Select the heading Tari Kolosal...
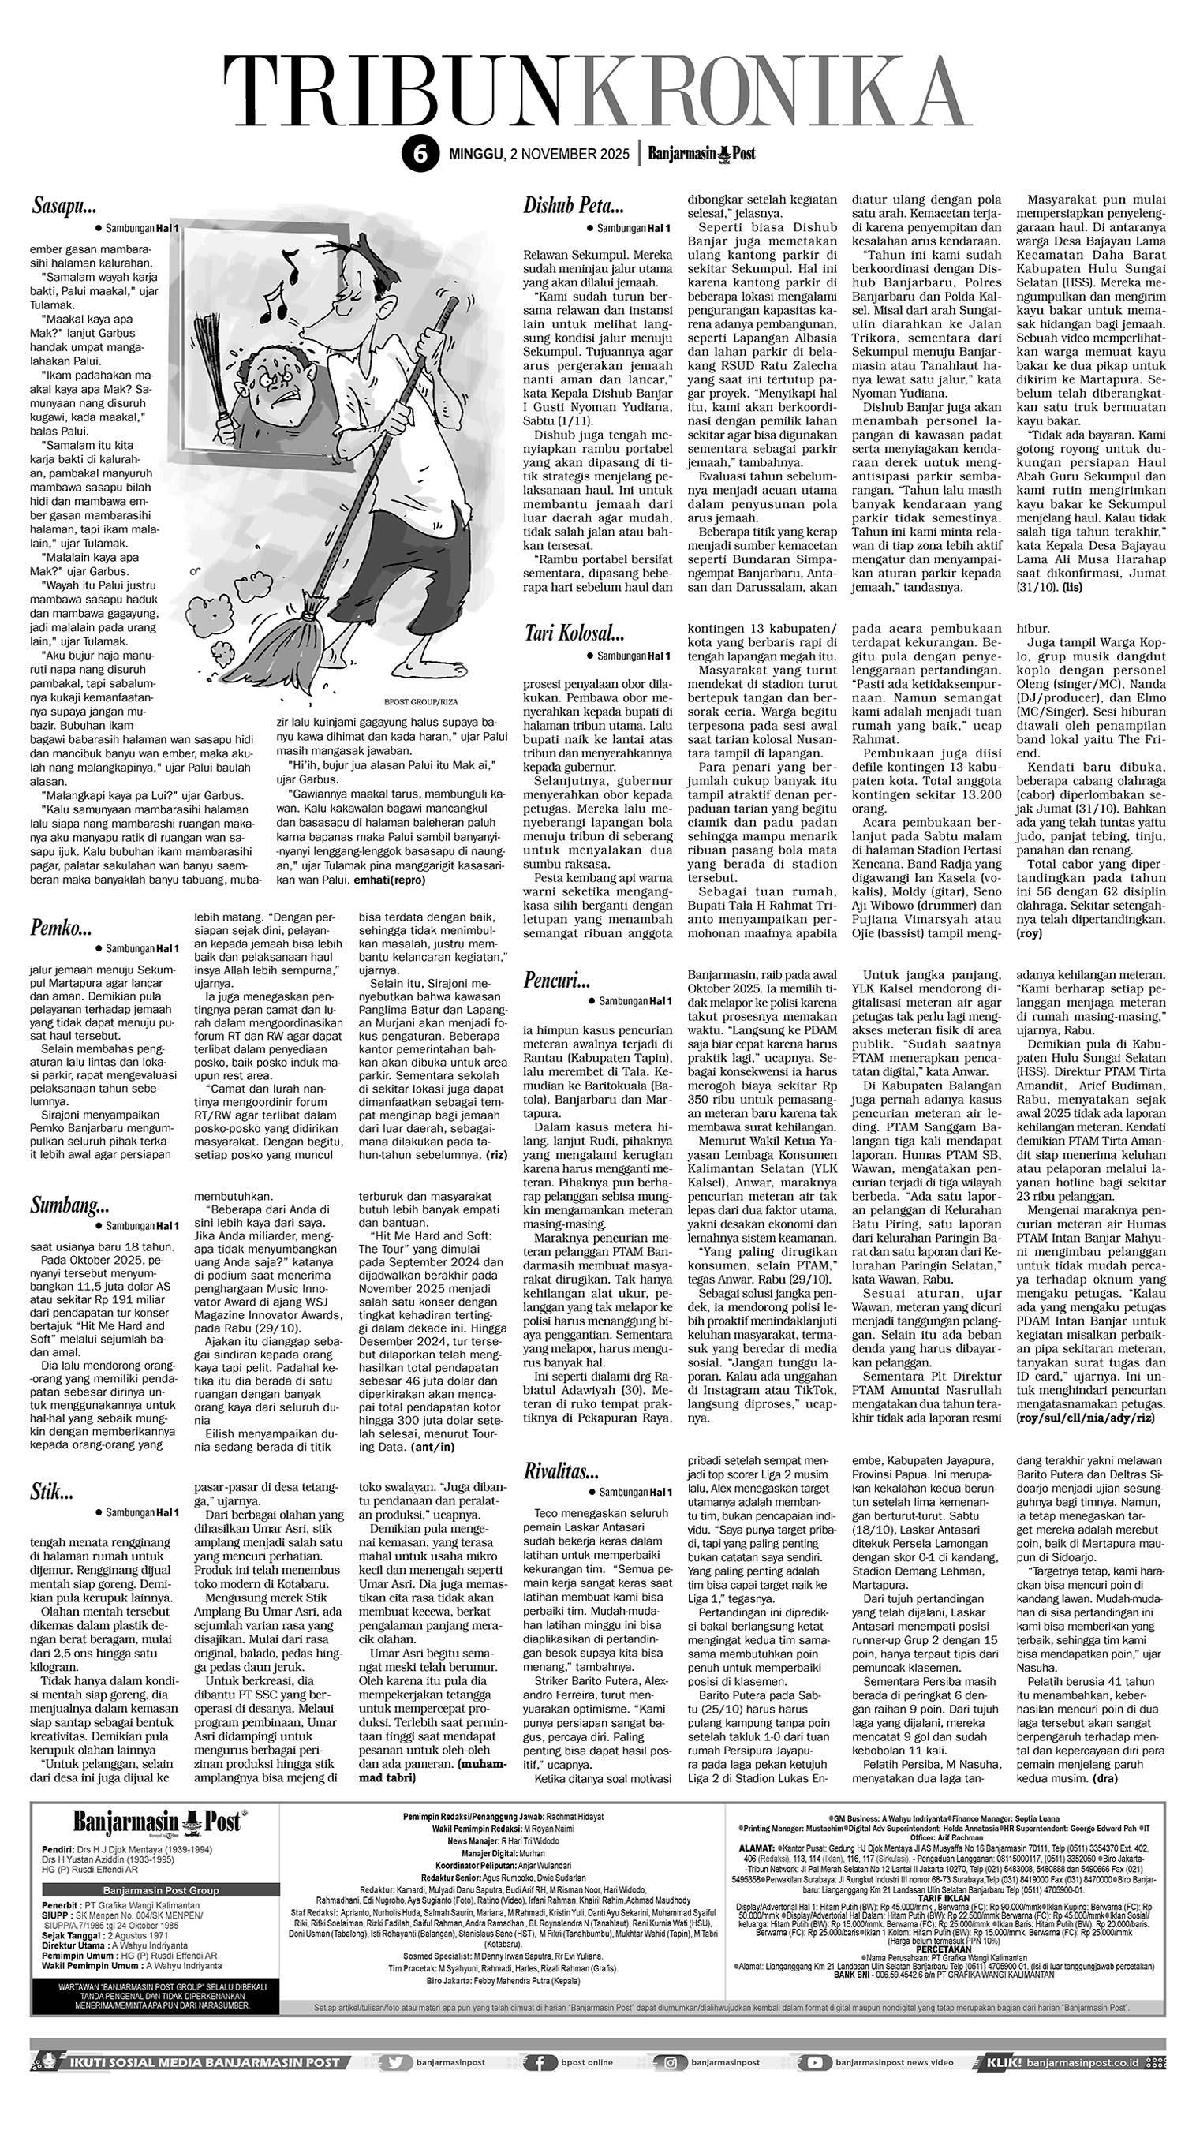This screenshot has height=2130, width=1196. pyautogui.click(x=575, y=633)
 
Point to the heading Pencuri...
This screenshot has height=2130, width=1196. pyautogui.click(x=556, y=979)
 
